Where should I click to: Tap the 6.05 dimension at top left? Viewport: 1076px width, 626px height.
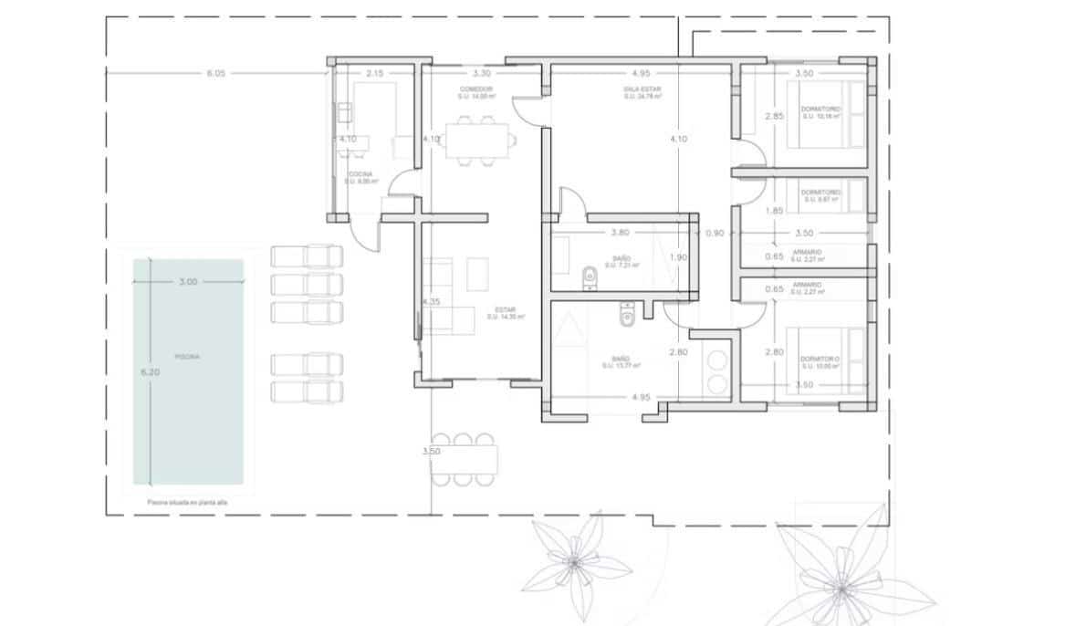point(215,73)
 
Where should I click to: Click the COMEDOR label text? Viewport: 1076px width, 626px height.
point(476,89)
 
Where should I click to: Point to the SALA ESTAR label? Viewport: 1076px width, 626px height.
point(642,89)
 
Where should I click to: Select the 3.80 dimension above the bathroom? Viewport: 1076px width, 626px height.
point(621,232)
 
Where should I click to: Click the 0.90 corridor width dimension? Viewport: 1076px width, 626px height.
point(715,233)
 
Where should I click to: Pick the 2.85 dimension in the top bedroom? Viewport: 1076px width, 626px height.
point(774,116)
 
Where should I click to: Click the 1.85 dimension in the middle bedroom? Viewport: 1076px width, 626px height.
point(774,211)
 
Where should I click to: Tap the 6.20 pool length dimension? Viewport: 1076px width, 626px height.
point(151,372)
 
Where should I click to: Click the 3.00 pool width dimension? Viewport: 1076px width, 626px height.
point(188,282)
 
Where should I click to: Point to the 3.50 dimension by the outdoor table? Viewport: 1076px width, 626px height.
point(432,451)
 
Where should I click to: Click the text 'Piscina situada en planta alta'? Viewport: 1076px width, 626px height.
point(186,502)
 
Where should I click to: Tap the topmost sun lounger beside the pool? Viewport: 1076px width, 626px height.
point(307,256)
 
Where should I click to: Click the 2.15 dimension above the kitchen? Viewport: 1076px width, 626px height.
point(374,73)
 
